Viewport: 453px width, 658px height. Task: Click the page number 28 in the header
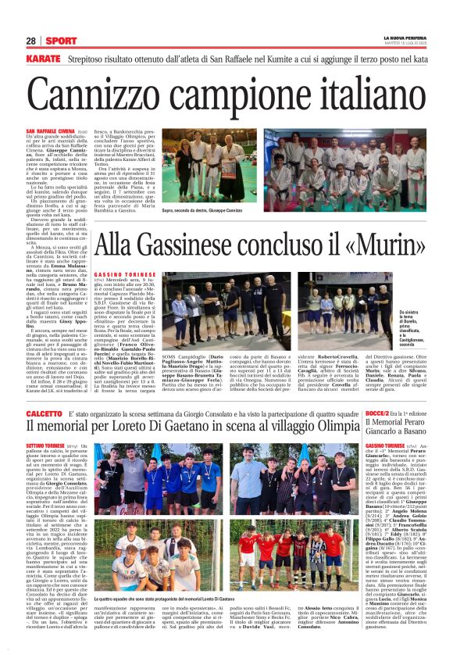pos(31,41)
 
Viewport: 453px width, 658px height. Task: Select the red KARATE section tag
pos(42,59)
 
